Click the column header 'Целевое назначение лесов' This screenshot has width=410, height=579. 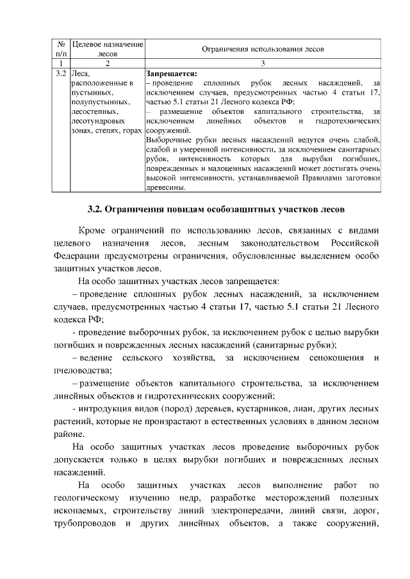[107, 49]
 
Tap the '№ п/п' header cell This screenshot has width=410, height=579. [62, 49]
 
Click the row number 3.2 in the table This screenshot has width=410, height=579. [62, 73]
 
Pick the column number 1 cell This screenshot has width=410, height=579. [62, 63]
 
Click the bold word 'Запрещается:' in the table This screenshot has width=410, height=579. [171, 73]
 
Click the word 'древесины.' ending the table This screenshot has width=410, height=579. [166, 187]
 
